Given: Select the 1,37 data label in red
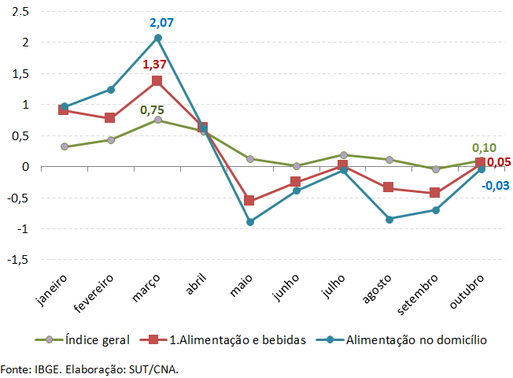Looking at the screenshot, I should click(157, 64).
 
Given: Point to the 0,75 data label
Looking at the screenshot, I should click(153, 110).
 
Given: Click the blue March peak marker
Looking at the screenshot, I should click(157, 38).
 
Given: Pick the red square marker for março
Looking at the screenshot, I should click(157, 81).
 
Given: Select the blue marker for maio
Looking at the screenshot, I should click(250, 222).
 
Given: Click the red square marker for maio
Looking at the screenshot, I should click(250, 201).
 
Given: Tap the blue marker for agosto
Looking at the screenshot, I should click(389, 219).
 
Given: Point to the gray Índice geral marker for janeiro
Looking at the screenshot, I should click(65, 146).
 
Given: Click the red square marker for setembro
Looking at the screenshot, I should click(436, 193).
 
